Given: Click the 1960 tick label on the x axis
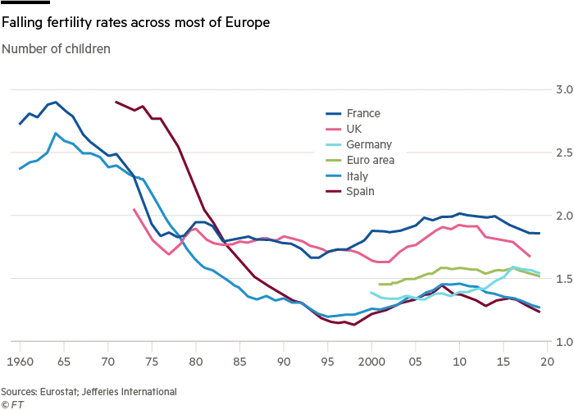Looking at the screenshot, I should (19, 359).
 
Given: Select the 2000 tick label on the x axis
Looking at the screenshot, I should (371, 359).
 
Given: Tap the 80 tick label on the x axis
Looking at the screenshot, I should (195, 359).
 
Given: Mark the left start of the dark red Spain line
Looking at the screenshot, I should (116, 102).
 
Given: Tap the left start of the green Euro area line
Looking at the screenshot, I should (379, 285).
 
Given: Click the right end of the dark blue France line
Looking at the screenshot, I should (539, 234).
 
